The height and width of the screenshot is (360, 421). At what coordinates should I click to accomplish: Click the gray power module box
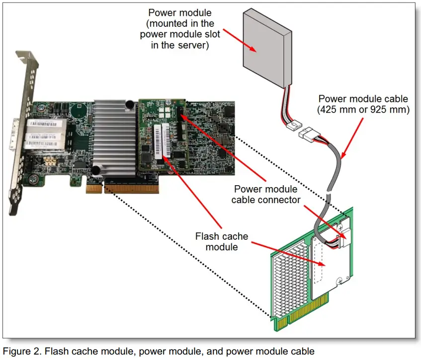point(267,48)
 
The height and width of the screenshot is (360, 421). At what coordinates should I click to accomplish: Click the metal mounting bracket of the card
point(23,132)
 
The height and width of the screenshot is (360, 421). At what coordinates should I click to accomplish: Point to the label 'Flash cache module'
point(222,241)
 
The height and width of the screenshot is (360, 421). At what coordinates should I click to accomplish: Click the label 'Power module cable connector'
point(266,194)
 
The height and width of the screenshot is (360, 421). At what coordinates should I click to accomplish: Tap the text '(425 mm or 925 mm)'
point(363,109)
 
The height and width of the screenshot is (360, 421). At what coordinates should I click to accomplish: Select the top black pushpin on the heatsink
point(130,104)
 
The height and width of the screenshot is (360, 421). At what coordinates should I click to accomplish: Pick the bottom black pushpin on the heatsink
point(95,170)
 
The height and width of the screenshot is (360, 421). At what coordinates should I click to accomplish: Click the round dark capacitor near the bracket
point(79,110)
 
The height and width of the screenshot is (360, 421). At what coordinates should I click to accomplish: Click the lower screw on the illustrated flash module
point(339,281)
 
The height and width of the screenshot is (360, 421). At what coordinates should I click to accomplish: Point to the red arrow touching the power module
point(239,40)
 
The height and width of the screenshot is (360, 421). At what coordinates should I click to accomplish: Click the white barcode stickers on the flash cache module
point(162,142)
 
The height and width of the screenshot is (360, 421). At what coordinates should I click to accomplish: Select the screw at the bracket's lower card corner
point(34,179)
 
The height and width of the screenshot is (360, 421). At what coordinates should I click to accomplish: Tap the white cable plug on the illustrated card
point(346,237)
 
